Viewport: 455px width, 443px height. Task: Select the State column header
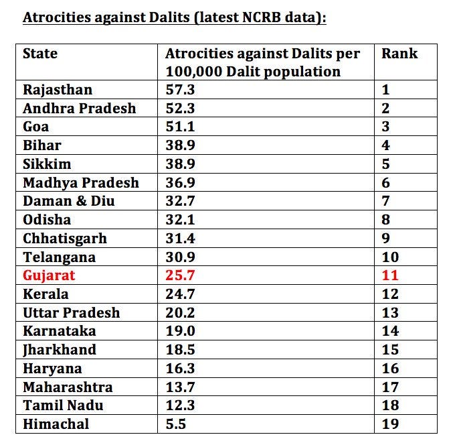[x=40, y=54]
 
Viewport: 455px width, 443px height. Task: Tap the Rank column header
[x=399, y=54]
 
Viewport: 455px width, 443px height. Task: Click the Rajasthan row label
[x=58, y=90]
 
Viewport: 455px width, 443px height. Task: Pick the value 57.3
[x=180, y=90]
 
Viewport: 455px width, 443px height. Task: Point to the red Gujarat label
[x=49, y=275]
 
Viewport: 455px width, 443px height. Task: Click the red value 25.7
[x=180, y=275]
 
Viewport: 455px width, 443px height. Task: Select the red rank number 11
[x=390, y=275]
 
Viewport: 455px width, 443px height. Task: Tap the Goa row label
[x=35, y=127]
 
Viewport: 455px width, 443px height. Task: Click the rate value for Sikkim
[x=180, y=164]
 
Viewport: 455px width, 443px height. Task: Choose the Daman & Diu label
[x=68, y=201]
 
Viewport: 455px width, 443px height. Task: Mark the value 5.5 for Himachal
[x=175, y=424]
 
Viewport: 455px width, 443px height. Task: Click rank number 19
[x=390, y=424]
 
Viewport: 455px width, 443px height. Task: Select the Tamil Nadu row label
[x=63, y=405]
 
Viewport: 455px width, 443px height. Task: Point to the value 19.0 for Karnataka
[x=180, y=331]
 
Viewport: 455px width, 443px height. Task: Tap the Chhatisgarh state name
[x=65, y=239]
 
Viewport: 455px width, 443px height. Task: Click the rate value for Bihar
[x=180, y=145]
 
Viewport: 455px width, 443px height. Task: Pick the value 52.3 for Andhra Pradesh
[x=180, y=109]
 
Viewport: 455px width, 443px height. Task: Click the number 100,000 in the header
[x=193, y=72]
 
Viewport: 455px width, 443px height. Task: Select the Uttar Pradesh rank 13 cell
[x=405, y=312]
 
